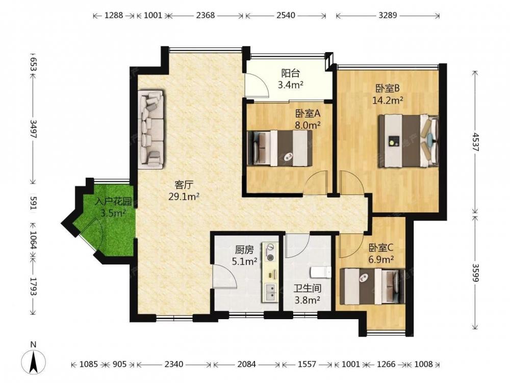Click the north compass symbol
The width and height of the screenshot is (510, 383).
[x=33, y=361]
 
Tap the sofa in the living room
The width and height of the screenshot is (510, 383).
[x=150, y=130]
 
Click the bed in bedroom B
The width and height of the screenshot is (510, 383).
[x=408, y=141]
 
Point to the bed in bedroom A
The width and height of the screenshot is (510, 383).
[x=279, y=148]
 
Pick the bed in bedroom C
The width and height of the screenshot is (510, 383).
[x=372, y=286]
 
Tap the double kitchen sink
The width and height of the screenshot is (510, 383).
[x=270, y=292]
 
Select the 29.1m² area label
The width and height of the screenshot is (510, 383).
[x=184, y=197]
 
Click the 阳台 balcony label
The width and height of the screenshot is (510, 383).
[x=291, y=73]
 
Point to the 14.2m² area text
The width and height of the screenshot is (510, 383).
[x=388, y=100]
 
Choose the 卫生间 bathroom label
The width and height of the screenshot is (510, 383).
[x=308, y=289]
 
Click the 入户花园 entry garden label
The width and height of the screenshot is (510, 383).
[x=113, y=202]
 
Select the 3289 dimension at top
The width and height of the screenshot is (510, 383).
[x=388, y=15]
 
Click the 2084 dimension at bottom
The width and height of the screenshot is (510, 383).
[x=246, y=364]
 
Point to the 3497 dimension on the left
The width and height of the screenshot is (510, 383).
[x=33, y=129]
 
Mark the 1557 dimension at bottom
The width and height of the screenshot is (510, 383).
[x=307, y=364]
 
